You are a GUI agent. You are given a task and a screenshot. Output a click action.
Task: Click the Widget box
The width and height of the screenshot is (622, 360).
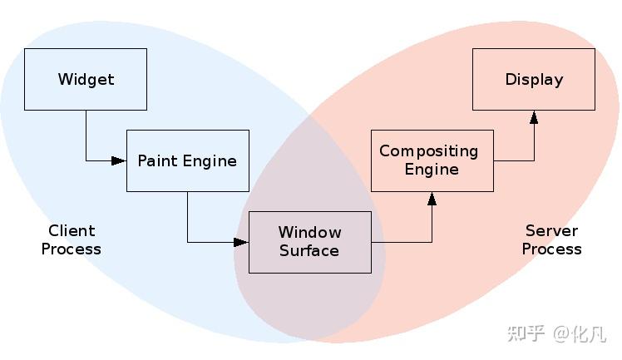coord(86,80)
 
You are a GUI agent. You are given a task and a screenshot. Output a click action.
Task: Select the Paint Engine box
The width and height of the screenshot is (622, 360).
coord(187,160)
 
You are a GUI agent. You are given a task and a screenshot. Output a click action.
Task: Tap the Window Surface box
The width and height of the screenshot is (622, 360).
coord(309,241)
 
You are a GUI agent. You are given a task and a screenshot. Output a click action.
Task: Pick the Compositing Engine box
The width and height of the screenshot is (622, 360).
coord(432,160)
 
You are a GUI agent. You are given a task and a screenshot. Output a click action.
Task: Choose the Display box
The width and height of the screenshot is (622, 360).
coord(534,80)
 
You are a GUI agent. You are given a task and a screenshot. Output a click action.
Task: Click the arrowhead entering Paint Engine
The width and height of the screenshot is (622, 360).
coord(119,160)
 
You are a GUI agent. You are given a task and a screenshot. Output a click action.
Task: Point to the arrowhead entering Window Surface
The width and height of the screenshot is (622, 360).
coord(241,242)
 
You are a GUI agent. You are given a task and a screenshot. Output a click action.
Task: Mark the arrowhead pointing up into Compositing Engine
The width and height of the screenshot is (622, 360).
coord(432,198)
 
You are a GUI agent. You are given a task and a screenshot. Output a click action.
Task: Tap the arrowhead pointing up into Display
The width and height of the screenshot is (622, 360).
coord(534,117)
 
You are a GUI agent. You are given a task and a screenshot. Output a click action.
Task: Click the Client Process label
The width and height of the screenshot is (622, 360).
coord(72,239)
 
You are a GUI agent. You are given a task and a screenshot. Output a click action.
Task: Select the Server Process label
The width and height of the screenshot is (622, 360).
coord(552,239)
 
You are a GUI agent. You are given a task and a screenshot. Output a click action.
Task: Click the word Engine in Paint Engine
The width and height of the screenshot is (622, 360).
coord(211,160)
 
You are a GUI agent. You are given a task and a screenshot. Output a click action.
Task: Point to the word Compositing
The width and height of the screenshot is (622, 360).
coord(428,151)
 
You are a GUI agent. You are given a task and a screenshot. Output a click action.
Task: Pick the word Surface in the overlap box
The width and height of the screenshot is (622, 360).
coord(309,250)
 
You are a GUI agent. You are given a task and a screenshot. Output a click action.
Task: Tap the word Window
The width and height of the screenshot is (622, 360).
coord(309,232)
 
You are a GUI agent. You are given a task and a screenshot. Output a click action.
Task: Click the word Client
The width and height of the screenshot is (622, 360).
coord(72,230)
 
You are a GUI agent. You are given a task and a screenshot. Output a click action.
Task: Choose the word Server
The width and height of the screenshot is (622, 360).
coord(552,230)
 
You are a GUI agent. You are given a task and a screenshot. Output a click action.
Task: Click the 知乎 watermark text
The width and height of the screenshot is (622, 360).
coord(526,334)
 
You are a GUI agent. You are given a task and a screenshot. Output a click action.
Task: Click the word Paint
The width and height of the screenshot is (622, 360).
coord(157,160)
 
